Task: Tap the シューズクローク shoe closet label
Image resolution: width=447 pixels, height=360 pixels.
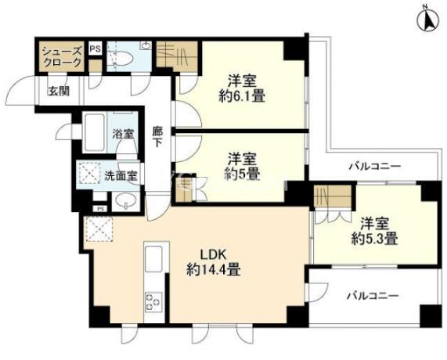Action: point(62,57)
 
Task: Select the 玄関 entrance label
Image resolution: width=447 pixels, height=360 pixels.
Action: point(59,92)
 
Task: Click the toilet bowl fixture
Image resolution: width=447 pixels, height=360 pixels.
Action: point(123,59)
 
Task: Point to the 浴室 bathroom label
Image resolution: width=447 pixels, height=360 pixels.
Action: point(123,134)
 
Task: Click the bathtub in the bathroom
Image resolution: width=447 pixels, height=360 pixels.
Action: point(95,132)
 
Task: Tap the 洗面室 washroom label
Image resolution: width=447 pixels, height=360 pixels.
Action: point(121,176)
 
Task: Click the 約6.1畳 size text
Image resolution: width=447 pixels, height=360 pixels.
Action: point(242,95)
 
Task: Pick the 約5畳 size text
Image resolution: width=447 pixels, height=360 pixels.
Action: point(242,174)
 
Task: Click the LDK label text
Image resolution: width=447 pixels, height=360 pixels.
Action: point(213,254)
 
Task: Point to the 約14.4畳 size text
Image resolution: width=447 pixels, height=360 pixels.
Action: point(213,269)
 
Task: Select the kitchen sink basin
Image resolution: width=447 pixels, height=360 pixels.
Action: point(153,259)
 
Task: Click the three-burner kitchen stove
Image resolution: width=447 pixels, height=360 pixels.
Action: point(153,301)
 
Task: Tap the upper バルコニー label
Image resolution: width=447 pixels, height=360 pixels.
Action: point(375,166)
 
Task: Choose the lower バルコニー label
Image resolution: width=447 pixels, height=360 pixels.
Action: point(373,296)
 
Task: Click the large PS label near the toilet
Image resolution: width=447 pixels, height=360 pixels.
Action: point(96,49)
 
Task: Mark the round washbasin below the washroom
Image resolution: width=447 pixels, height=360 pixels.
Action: point(125,201)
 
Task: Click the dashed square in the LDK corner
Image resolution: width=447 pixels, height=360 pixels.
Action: point(98,229)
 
